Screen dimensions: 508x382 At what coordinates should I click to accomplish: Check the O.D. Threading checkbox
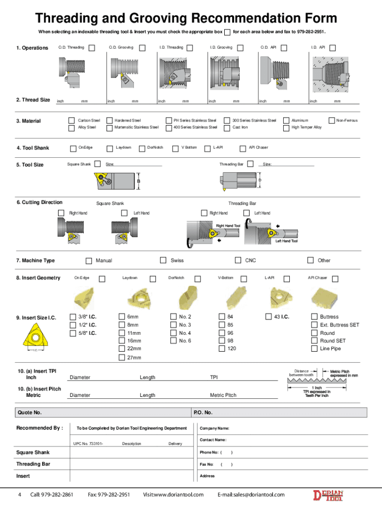(x=92, y=48)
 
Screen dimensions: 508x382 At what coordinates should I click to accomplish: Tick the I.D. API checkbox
(x=333, y=48)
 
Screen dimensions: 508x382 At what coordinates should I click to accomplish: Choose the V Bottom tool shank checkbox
(x=175, y=148)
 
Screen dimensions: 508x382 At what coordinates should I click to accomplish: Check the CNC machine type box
(x=238, y=260)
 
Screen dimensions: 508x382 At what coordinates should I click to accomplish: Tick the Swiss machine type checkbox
(x=163, y=260)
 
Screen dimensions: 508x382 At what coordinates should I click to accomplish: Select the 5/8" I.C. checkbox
(x=72, y=333)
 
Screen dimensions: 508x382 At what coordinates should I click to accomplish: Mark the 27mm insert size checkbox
(x=122, y=358)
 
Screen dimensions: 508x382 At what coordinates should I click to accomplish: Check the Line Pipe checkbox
(x=314, y=349)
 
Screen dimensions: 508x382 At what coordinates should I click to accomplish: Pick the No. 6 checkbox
(x=173, y=341)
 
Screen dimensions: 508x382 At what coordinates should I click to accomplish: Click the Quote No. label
(x=30, y=413)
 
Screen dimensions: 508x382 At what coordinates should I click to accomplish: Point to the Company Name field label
(x=214, y=428)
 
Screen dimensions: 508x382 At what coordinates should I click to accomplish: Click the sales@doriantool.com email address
(x=251, y=495)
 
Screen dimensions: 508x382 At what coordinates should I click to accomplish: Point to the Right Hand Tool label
(x=228, y=226)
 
